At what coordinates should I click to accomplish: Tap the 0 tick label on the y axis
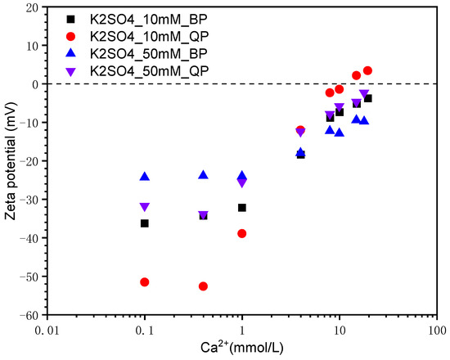click(x=38, y=84)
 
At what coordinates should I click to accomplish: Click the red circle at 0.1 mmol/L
click(x=145, y=282)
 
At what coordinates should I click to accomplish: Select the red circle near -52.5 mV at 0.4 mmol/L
click(x=203, y=286)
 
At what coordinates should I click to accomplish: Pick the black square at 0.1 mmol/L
click(x=145, y=223)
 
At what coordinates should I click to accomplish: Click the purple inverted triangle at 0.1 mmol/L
click(x=145, y=207)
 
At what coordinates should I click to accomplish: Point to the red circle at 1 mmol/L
click(x=242, y=234)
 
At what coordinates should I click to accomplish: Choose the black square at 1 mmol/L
click(x=242, y=208)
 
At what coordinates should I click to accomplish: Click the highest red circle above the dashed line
click(x=367, y=71)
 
